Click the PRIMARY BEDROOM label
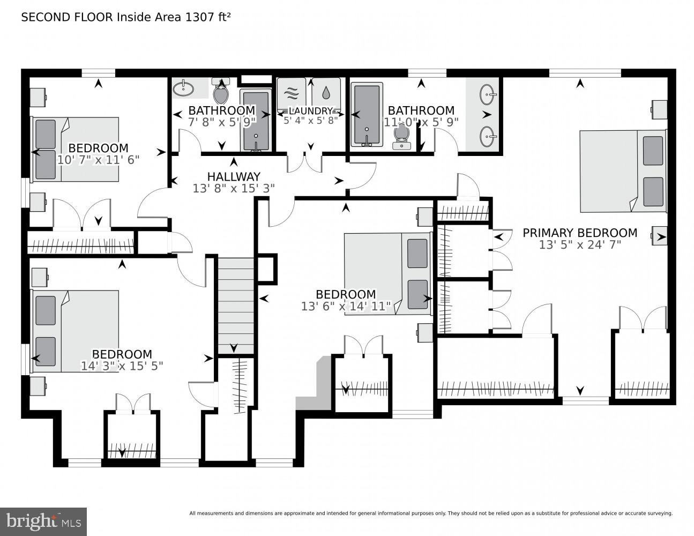pos(580,233)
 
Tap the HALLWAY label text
pos(234,176)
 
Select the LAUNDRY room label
pos(311,111)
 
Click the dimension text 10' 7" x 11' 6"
pos(98,160)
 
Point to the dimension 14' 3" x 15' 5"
pos(122,366)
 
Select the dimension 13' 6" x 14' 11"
pos(346,307)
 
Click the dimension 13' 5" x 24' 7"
pos(580,245)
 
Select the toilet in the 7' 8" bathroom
pos(220,92)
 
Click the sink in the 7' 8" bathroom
pos(185,88)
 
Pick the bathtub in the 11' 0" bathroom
pos(367,114)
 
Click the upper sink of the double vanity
pos(488,95)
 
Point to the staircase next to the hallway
pos(235,306)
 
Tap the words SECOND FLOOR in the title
pos(67,17)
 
